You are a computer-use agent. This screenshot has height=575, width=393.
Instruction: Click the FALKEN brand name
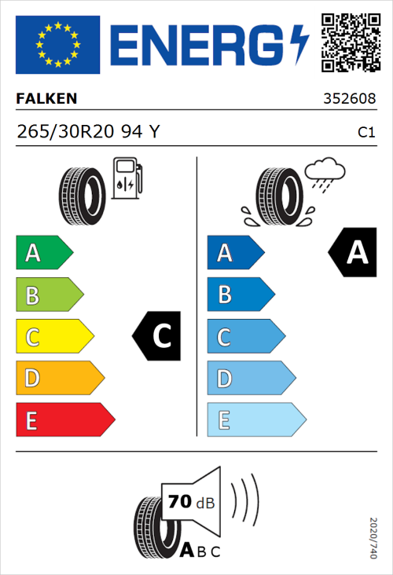[x=47, y=100]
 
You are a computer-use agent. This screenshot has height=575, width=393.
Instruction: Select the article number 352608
[x=349, y=100]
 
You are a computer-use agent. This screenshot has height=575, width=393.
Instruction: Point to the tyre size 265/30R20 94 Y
[x=88, y=132]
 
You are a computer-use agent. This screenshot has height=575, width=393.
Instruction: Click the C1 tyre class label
[x=365, y=133]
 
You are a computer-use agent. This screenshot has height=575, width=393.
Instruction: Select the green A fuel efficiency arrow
[x=43, y=253]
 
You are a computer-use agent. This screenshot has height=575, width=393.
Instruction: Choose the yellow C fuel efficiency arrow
[x=53, y=337]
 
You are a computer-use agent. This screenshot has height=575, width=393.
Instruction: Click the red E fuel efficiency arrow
[x=64, y=420]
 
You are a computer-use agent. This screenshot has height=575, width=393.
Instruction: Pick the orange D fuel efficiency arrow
[x=59, y=379]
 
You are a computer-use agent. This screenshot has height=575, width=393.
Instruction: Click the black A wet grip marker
[x=352, y=253]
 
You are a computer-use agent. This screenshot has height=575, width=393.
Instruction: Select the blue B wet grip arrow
[x=240, y=295]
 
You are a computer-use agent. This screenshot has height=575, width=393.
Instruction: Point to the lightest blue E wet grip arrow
[x=255, y=420]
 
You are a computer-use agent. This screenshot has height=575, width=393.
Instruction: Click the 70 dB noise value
[x=189, y=502]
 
